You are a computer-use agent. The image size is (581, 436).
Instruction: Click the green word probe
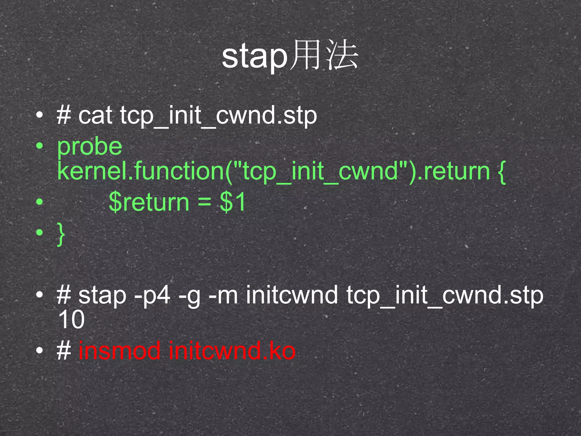tap(90, 146)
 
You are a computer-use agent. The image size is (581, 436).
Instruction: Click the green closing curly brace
tap(61, 234)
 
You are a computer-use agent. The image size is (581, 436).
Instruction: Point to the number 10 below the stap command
tap(71, 319)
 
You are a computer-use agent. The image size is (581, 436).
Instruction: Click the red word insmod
tap(119, 351)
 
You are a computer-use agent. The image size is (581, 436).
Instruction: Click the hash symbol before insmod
tap(64, 351)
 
